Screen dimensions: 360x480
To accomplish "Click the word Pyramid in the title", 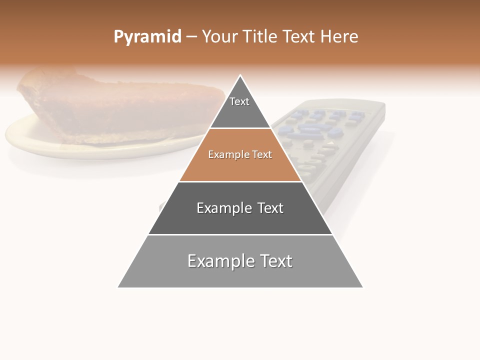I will pos(147,37).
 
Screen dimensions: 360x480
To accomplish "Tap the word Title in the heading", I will pos(260,37).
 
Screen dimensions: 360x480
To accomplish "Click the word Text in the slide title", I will pos(299,37).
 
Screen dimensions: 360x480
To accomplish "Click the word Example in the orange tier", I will pos(227,155).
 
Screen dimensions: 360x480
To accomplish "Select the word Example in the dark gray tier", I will pos(223,208).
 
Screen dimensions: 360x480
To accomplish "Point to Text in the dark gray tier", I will pos(270,208).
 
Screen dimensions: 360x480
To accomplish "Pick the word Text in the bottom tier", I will pos(276,261).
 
